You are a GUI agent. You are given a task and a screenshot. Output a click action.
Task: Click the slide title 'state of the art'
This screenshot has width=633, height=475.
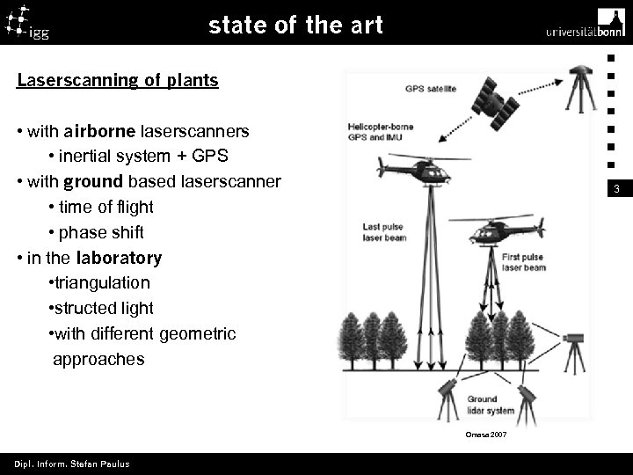click(295, 26)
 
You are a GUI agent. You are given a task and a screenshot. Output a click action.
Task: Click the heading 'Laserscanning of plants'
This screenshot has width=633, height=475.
click(118, 81)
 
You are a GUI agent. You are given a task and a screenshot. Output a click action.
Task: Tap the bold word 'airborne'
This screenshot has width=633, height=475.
click(99, 131)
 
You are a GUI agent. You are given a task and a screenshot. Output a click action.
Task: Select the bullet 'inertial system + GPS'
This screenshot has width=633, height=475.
click(139, 157)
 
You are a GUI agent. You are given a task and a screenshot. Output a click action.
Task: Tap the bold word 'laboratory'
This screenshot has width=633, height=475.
click(119, 258)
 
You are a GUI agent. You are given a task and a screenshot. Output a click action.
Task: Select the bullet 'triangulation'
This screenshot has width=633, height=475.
click(100, 283)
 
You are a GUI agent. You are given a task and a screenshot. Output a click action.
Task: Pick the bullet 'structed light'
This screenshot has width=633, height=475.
click(102, 309)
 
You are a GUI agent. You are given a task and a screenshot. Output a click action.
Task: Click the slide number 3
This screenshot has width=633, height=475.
click(617, 189)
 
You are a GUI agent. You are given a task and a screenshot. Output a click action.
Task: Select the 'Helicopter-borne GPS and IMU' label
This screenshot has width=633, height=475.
click(380, 131)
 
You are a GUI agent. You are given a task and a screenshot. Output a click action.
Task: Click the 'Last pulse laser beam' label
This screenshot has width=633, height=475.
click(383, 232)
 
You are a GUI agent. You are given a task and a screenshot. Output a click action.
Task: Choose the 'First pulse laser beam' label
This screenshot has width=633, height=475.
click(523, 261)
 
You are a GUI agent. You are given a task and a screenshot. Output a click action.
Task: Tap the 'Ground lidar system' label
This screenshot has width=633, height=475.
click(490, 405)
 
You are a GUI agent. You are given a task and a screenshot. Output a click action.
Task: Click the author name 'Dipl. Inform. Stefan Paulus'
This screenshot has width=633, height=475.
click(71, 464)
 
